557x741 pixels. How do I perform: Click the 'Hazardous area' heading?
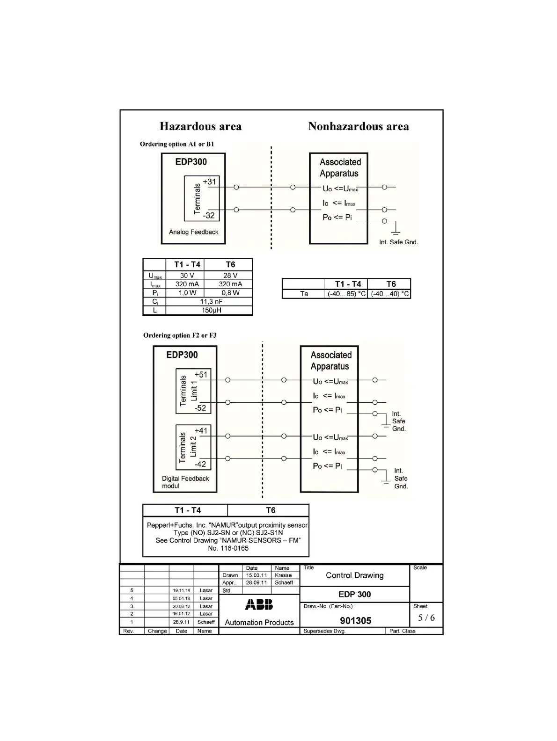pos(200,126)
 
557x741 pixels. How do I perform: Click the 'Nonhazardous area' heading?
pos(358,126)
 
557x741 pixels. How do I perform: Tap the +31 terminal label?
pos(210,182)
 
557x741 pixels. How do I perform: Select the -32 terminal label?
pos(209,216)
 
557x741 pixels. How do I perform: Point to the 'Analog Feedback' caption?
pos(193,232)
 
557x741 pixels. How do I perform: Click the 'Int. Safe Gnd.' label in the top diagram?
pos(398,242)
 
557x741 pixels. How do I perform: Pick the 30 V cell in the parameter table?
pos(187,276)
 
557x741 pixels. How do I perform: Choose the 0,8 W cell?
pos(230,293)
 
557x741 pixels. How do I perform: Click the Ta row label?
pos(304,294)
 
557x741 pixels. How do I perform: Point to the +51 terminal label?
pos(201,374)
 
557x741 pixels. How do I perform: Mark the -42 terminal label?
pos(200,464)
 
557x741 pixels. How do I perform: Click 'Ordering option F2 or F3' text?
pos(180,335)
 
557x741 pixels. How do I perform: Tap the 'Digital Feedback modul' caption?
pos(185,482)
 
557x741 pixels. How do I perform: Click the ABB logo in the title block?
pos(259,605)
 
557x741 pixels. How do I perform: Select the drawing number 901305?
pos(355,621)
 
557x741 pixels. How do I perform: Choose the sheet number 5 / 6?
pos(426,617)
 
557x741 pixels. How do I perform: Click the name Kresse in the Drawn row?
pos(283,575)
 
